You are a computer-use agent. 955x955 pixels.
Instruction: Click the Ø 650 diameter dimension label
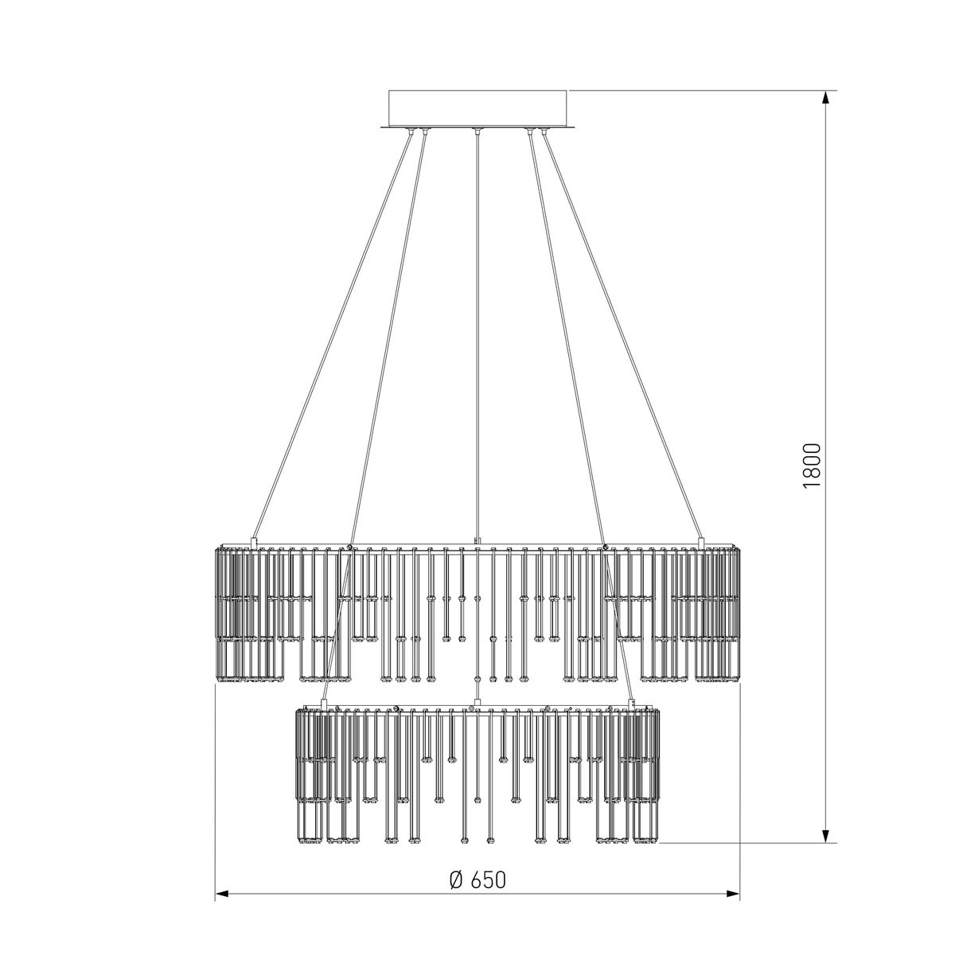point(477,879)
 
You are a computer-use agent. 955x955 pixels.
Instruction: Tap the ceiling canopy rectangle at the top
point(477,109)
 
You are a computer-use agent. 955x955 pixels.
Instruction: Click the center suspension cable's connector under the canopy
point(477,131)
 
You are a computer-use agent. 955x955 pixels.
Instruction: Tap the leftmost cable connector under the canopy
point(411,131)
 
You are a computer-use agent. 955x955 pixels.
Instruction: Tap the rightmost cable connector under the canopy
point(544,131)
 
